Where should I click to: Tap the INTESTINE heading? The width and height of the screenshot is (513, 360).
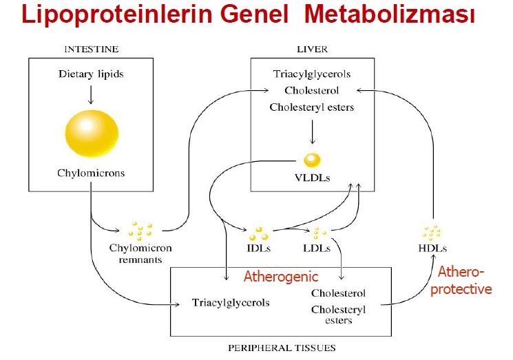tap(92, 49)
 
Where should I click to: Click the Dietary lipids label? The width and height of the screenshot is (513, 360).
tap(92, 74)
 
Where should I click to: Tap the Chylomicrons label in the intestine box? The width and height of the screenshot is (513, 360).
tap(92, 173)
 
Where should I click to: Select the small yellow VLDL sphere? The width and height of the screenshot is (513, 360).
tap(312, 160)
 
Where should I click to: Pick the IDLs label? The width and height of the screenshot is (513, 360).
tap(259, 247)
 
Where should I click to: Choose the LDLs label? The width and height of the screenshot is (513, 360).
tap(317, 247)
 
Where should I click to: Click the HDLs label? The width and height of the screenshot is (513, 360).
tap(432, 247)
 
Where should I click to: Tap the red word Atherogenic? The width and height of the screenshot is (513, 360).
tap(281, 277)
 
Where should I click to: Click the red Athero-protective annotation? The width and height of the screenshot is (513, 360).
tap(464, 282)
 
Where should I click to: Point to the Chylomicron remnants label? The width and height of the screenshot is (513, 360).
tap(140, 253)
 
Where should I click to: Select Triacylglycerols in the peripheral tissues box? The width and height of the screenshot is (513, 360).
tap(231, 302)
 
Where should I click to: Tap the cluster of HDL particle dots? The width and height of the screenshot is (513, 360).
tap(432, 231)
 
